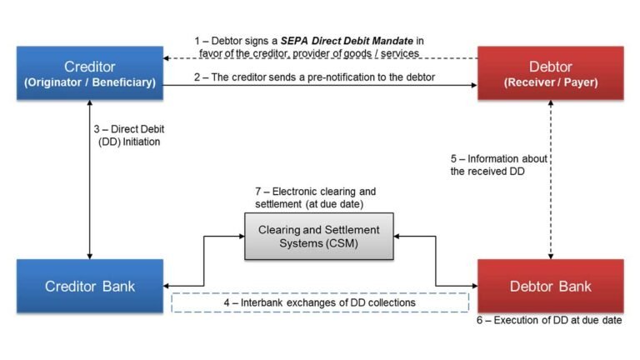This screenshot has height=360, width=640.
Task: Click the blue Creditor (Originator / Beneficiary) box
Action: point(90,72)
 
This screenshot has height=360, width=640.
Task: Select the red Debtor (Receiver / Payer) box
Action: point(550,72)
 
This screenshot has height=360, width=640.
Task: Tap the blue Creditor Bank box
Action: point(90,286)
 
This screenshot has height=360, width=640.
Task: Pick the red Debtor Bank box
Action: point(550,286)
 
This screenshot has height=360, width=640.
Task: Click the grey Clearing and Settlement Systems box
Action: point(319,236)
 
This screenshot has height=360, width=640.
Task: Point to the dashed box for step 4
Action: point(320,302)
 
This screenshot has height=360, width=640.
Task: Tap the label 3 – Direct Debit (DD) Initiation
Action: point(126,136)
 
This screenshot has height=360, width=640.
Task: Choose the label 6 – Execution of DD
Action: point(549,320)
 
